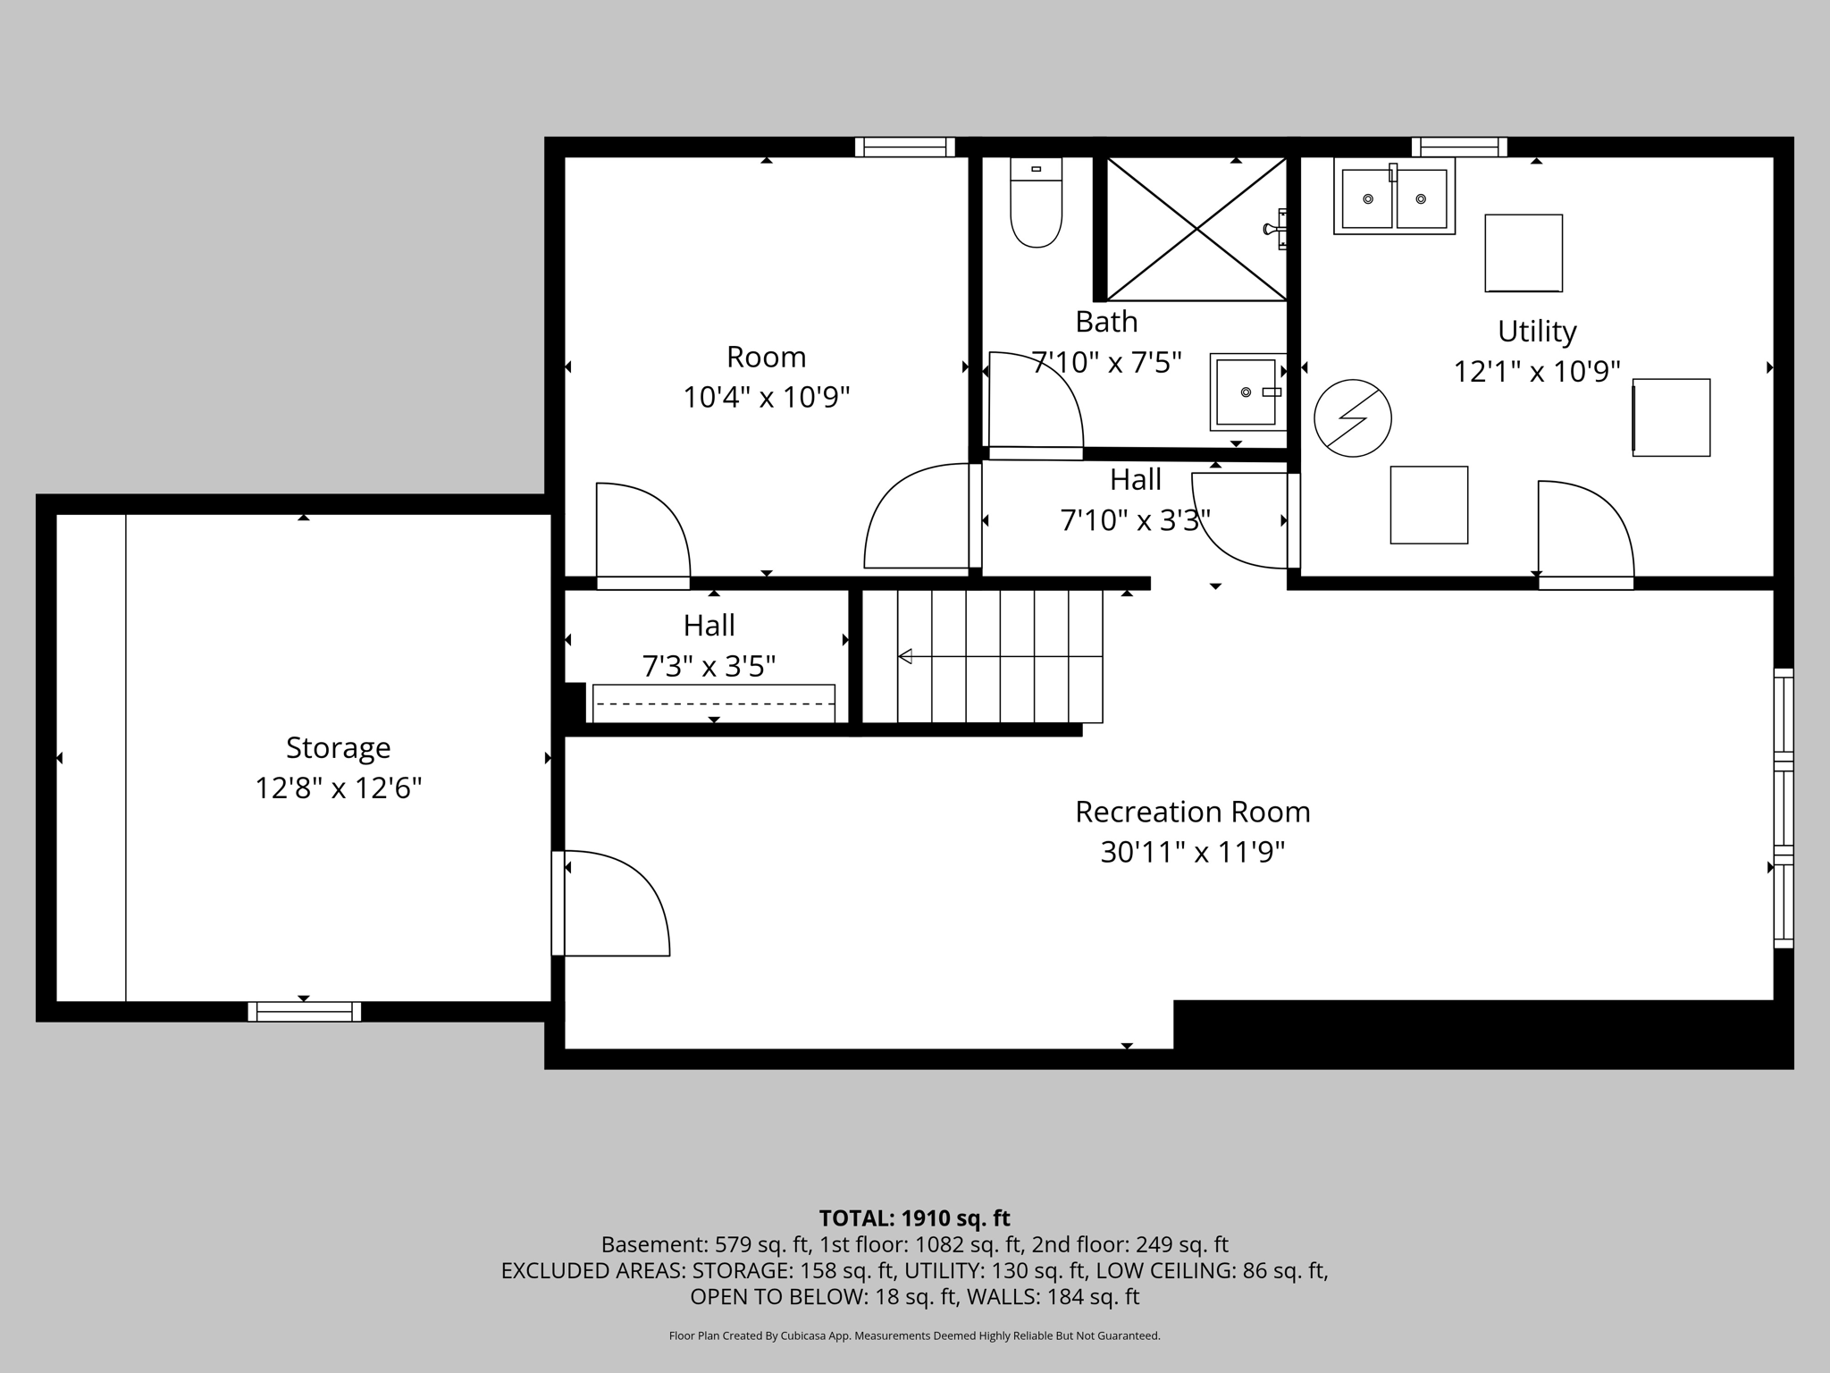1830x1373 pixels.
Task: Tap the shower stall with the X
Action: point(1196,229)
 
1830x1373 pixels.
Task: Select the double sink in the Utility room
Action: point(1394,197)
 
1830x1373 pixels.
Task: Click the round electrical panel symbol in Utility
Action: point(1352,418)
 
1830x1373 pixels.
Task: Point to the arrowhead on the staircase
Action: point(905,657)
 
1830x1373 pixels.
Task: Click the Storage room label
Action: point(338,747)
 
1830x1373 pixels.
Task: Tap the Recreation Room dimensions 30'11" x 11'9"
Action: point(1192,852)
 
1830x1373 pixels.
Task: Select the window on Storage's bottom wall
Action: point(304,1011)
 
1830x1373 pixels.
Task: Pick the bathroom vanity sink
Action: point(1247,392)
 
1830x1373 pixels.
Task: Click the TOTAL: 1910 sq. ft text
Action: point(914,1218)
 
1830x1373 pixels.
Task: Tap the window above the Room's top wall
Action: point(904,147)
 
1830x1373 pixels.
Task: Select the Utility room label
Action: point(1537,331)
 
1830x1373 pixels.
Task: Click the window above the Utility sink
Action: point(1458,147)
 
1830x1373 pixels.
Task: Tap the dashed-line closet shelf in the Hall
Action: point(713,703)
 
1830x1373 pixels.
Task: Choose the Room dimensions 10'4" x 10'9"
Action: point(766,397)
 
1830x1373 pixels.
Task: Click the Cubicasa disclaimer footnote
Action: point(914,1335)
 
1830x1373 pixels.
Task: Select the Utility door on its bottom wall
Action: point(1585,536)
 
